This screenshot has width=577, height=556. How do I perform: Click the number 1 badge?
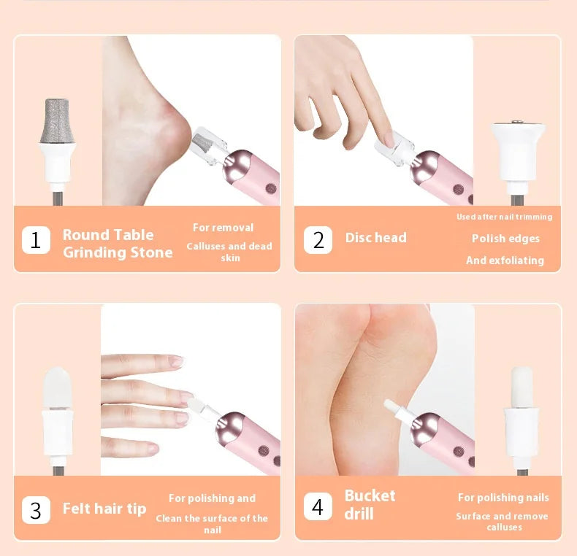point(36,240)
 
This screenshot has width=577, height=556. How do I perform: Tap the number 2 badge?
point(318,240)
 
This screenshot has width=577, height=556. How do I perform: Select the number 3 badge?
point(36,510)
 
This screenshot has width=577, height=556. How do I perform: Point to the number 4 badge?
point(318,506)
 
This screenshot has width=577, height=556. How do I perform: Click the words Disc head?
point(375,238)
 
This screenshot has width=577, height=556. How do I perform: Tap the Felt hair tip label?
point(104,509)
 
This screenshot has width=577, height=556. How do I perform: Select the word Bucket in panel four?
point(370,495)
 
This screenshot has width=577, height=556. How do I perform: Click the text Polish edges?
point(505,239)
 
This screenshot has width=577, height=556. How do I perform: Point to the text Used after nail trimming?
point(505,217)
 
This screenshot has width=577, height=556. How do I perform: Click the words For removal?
point(223,228)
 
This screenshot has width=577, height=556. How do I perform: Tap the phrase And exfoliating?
point(505,260)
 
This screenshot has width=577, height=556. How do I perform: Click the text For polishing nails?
point(503,498)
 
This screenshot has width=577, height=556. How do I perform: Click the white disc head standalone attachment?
point(518,158)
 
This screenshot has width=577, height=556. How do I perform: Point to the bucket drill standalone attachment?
point(521,415)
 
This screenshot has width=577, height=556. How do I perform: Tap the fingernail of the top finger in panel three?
point(176,361)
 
